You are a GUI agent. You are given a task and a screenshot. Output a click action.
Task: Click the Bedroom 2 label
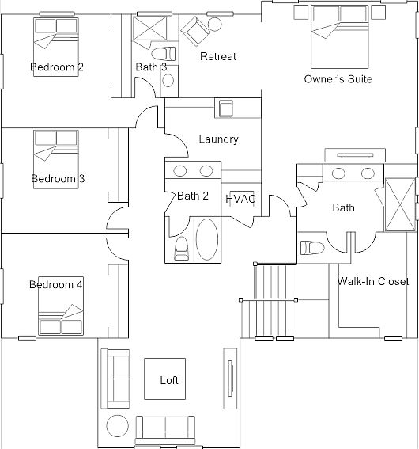(x=57, y=67)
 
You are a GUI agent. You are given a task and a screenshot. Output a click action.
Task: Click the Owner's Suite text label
(x=338, y=79)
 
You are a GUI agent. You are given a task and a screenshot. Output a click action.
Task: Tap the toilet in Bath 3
(x=164, y=54)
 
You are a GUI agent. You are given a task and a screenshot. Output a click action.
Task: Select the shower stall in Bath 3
(x=145, y=32)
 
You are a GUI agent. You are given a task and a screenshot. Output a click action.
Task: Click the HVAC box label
(x=240, y=198)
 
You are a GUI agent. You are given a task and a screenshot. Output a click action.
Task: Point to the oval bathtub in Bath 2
(x=207, y=240)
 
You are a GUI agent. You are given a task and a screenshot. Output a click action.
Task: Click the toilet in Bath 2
(x=181, y=249)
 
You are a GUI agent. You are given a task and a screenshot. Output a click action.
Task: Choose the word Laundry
(x=219, y=139)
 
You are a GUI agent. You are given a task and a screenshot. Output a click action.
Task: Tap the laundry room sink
(x=225, y=108)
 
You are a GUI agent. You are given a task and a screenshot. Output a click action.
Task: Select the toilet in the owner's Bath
(x=313, y=246)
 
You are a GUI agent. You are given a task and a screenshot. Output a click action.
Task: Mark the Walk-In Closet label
(x=372, y=282)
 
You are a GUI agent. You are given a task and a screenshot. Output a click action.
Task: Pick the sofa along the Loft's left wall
(x=117, y=379)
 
